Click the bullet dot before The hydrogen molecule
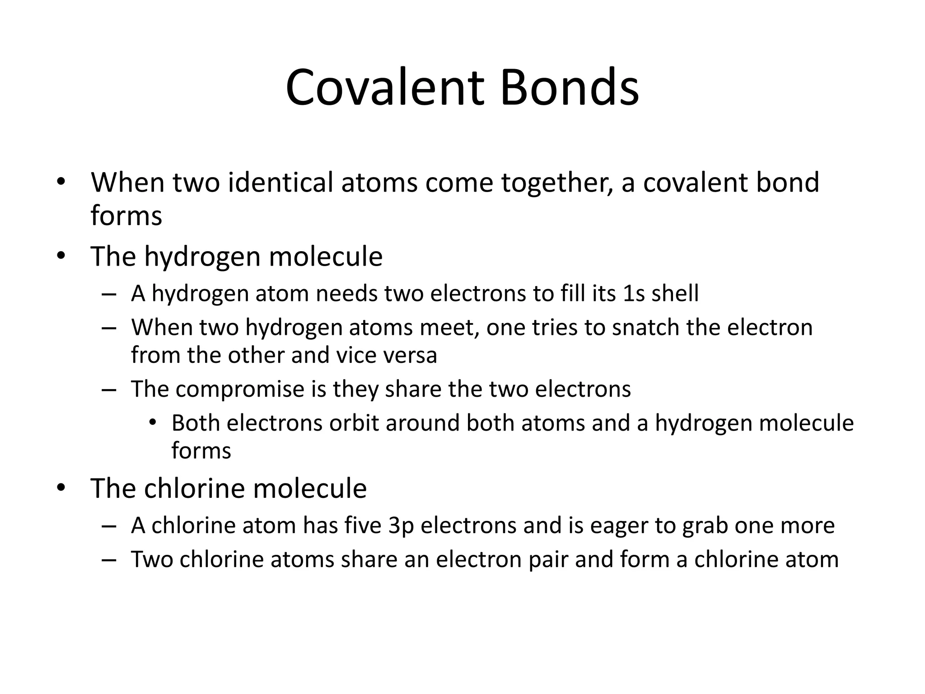pos(61,256)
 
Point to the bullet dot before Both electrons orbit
pos(152,423)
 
